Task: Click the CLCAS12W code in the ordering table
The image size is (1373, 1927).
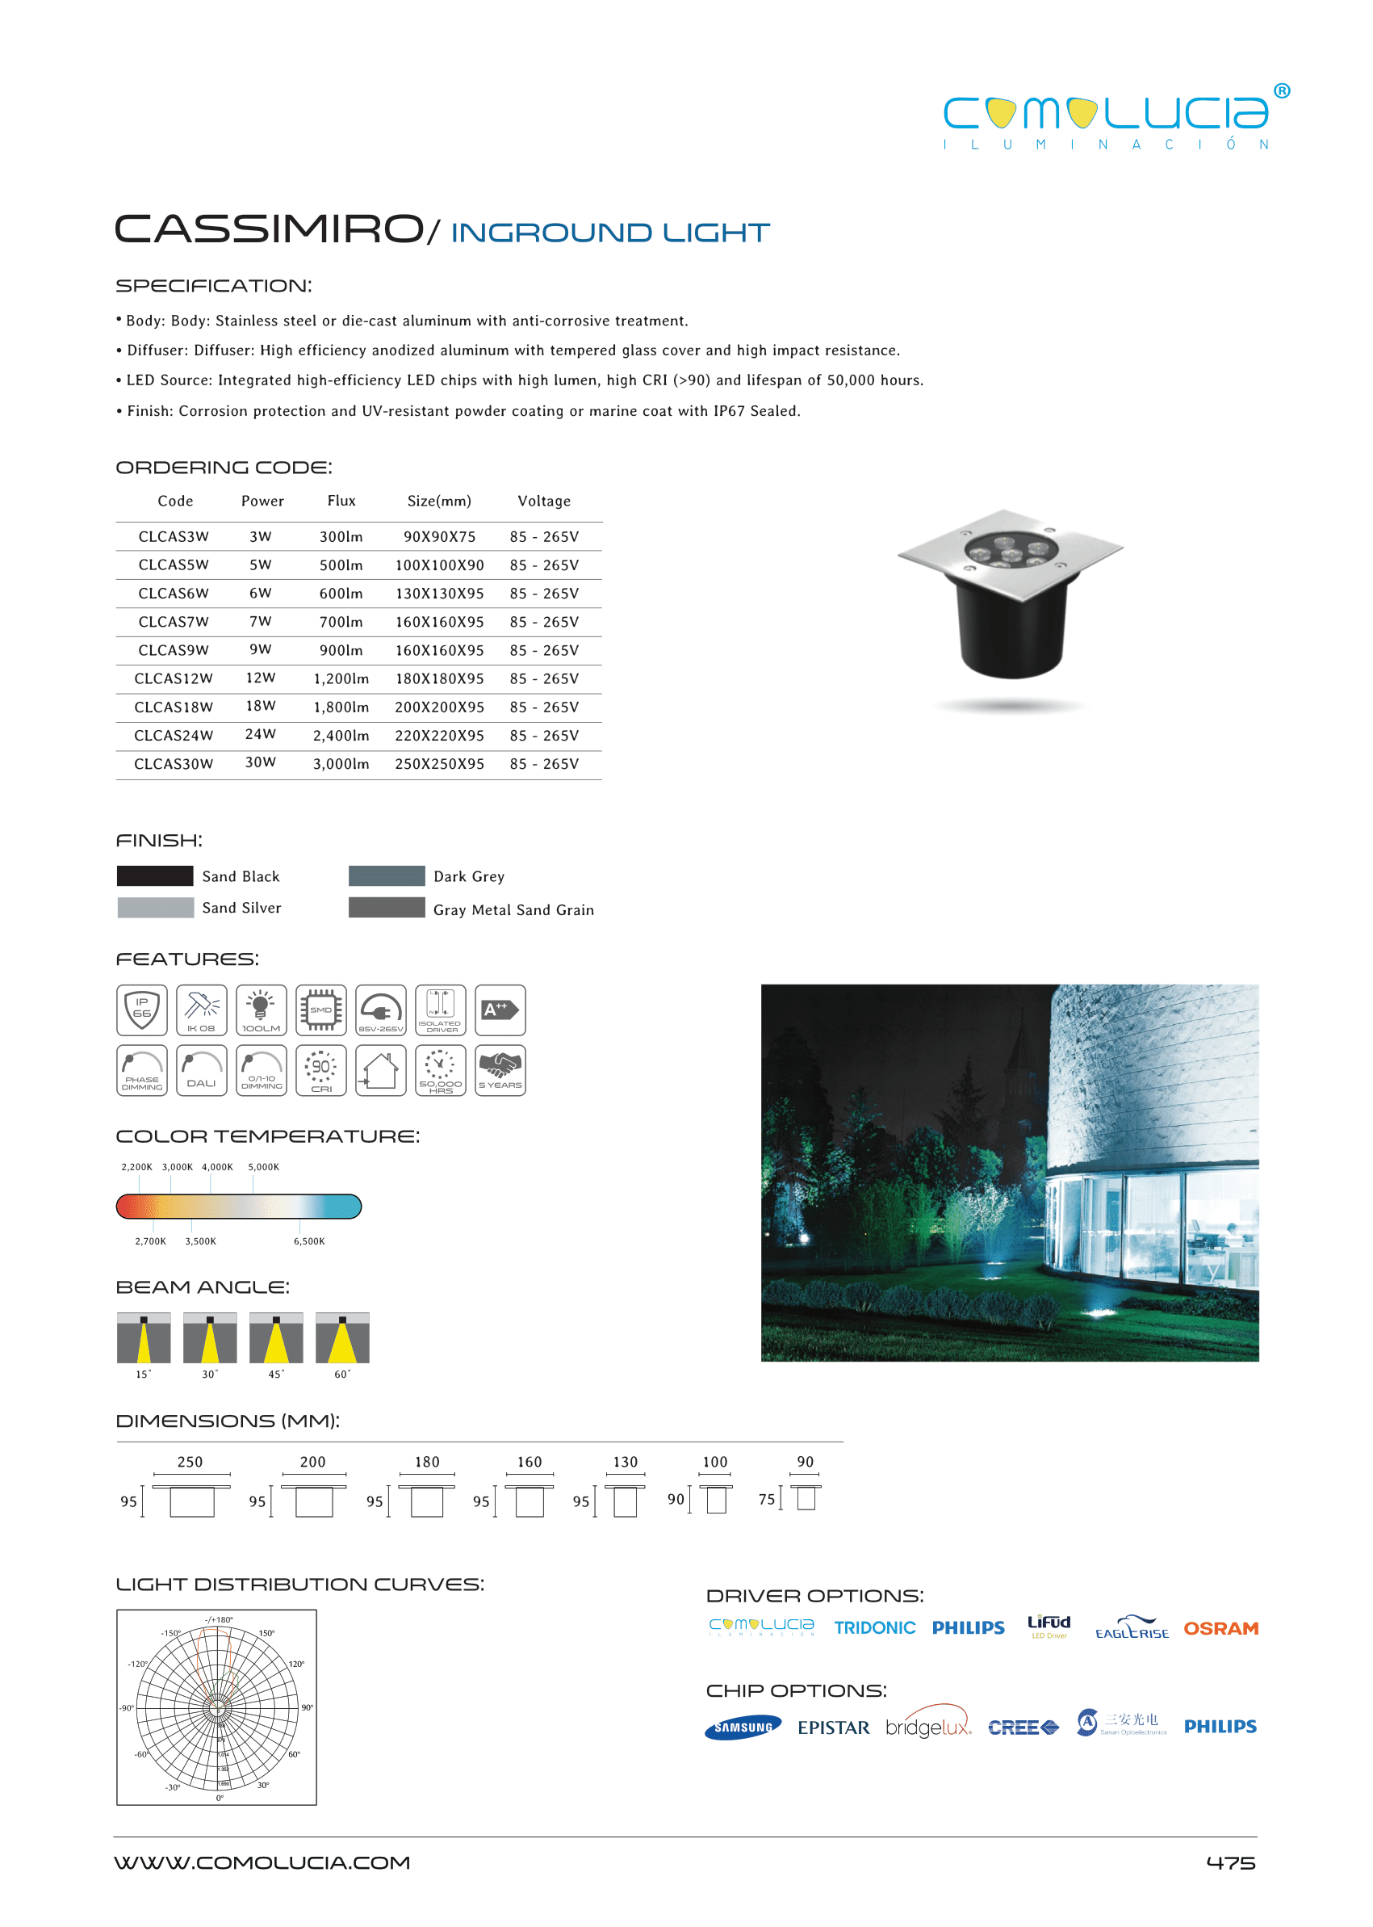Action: (x=174, y=678)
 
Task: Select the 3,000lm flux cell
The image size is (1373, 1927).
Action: (x=341, y=764)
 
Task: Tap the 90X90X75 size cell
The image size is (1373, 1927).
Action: (x=439, y=536)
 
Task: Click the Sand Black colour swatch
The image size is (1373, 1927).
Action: (x=155, y=875)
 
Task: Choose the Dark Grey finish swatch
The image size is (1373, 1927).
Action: (x=387, y=875)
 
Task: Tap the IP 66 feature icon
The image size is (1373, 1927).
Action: (x=142, y=1010)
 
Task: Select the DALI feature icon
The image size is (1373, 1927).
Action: (x=201, y=1070)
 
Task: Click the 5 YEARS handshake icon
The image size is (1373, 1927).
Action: (x=500, y=1070)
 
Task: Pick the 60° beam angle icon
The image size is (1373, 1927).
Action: (x=342, y=1337)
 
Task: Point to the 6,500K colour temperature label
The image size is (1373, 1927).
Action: (x=308, y=1241)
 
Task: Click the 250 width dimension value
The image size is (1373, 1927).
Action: (x=190, y=1462)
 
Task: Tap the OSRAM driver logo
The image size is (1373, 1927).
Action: (x=1220, y=1628)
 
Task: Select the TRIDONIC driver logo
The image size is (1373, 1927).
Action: (x=874, y=1627)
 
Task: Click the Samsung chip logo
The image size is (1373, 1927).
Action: (x=743, y=1728)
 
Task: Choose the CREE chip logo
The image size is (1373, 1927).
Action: (x=1023, y=1728)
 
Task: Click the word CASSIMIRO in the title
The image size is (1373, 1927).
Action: (x=269, y=229)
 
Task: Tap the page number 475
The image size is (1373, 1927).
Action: (x=1230, y=1862)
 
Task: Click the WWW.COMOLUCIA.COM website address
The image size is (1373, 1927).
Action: (x=262, y=1862)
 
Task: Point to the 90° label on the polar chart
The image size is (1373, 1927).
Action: (x=307, y=1707)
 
